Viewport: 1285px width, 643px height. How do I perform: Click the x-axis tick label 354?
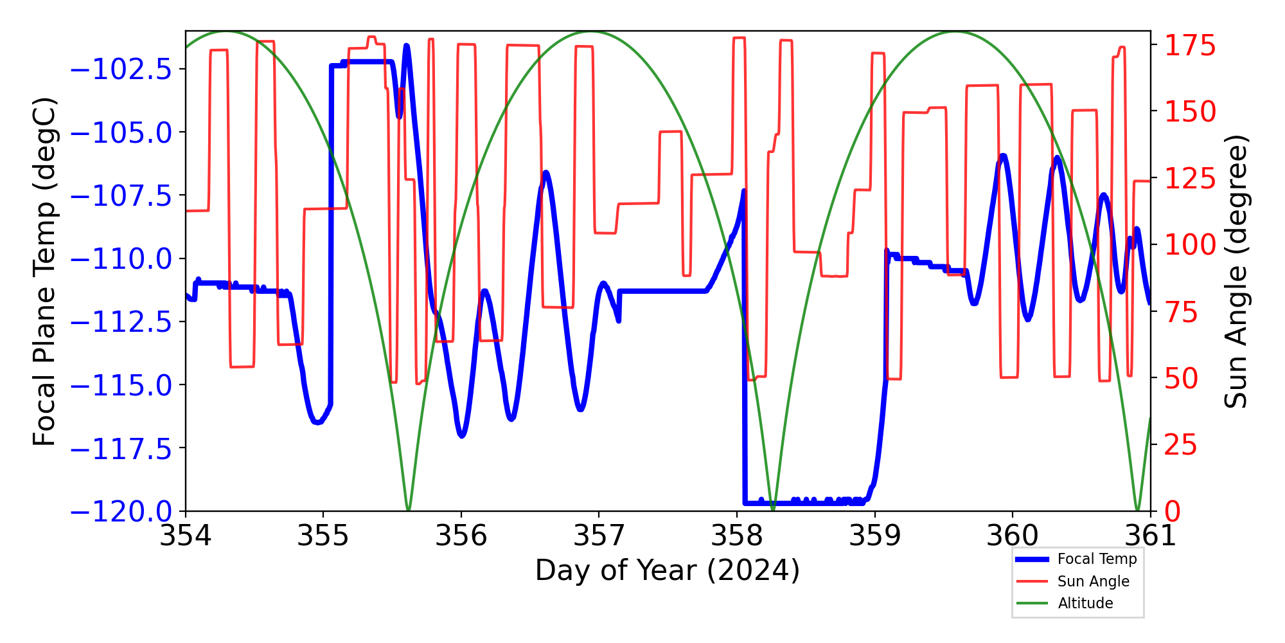(x=186, y=536)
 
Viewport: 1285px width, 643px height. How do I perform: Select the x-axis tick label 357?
(x=599, y=536)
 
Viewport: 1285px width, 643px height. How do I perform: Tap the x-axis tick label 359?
(x=874, y=536)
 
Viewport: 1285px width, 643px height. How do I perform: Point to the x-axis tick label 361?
(x=1150, y=536)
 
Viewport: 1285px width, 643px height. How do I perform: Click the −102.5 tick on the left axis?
(x=121, y=69)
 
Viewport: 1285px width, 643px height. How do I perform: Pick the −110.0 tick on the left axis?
(x=121, y=260)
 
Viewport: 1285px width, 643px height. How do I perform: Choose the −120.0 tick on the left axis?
(x=121, y=512)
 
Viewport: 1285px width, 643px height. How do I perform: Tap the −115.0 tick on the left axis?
(x=121, y=386)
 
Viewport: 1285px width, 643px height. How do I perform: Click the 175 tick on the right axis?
(x=1191, y=46)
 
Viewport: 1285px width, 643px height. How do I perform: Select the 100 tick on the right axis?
(x=1191, y=245)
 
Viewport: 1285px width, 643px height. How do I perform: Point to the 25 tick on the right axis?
(x=1182, y=445)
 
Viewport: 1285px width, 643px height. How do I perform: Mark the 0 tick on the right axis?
(x=1173, y=512)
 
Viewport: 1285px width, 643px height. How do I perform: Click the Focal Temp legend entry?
(x=1097, y=559)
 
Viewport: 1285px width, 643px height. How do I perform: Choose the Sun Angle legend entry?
(x=1093, y=581)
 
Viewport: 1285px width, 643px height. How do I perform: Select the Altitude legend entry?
(x=1085, y=603)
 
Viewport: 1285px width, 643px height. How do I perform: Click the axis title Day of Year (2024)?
(x=668, y=570)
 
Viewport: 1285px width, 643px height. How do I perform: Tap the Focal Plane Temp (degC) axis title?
(x=45, y=271)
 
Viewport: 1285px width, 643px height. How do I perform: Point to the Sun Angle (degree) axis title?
(x=1235, y=271)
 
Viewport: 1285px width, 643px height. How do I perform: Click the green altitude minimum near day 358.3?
(x=773, y=510)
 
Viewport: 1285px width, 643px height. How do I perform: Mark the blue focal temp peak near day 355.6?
(x=407, y=46)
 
